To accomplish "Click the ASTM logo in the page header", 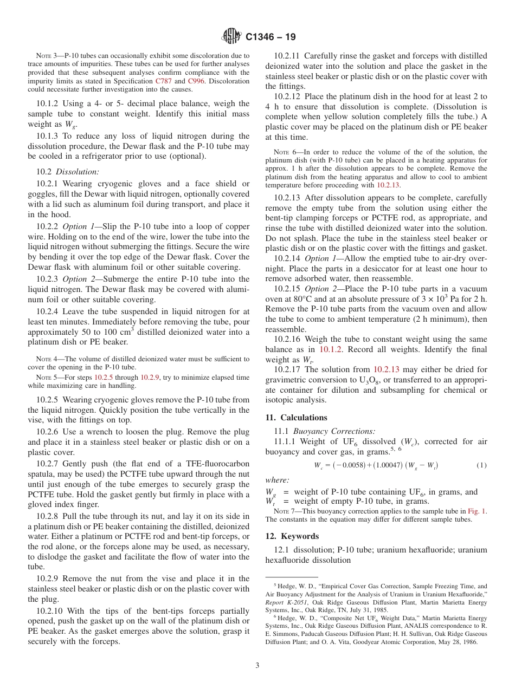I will (232, 37).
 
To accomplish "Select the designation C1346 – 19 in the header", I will (271, 37).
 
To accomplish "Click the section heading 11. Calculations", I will (296, 418).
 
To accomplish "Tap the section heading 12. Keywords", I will (292, 536).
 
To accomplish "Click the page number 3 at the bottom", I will (257, 665).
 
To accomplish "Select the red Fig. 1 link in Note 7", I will (477, 511).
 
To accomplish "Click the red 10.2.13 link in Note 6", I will (388, 185).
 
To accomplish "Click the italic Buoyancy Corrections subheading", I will (334, 432).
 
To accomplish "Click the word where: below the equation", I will (277, 480).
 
